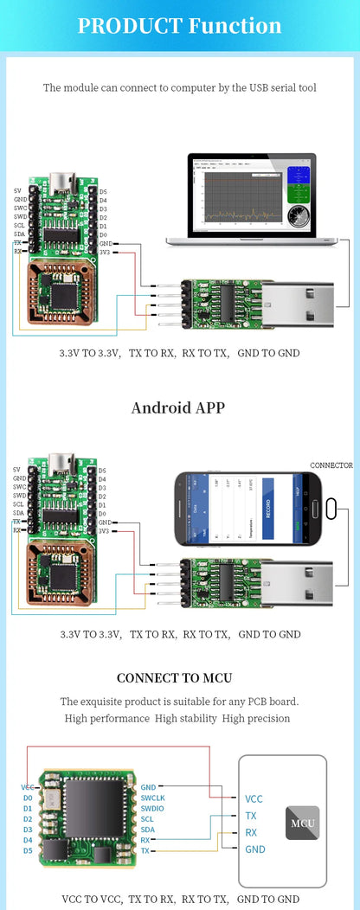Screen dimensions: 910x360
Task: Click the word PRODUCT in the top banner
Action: pyautogui.click(x=129, y=26)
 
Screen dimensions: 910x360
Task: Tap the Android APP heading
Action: pyautogui.click(x=178, y=407)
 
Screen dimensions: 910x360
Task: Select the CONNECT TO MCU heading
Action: pyautogui.click(x=174, y=678)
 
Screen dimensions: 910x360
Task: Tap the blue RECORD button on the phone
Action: pyautogui.click(x=267, y=509)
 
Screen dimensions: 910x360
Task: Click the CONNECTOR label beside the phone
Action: pyautogui.click(x=331, y=465)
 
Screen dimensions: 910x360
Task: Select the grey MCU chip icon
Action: pyautogui.click(x=302, y=823)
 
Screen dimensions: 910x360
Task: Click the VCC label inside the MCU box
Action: pyautogui.click(x=254, y=799)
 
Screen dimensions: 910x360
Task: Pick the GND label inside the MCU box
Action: pyautogui.click(x=254, y=849)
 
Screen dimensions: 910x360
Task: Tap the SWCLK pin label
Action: pyautogui.click(x=152, y=798)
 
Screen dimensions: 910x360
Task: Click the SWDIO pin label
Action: pyautogui.click(x=152, y=808)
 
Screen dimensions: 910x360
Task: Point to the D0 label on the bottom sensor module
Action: pyautogui.click(x=28, y=798)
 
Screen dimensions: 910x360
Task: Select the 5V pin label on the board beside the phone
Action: pyautogui.click(x=17, y=470)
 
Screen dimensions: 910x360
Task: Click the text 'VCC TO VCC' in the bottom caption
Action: pyautogui.click(x=90, y=900)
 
